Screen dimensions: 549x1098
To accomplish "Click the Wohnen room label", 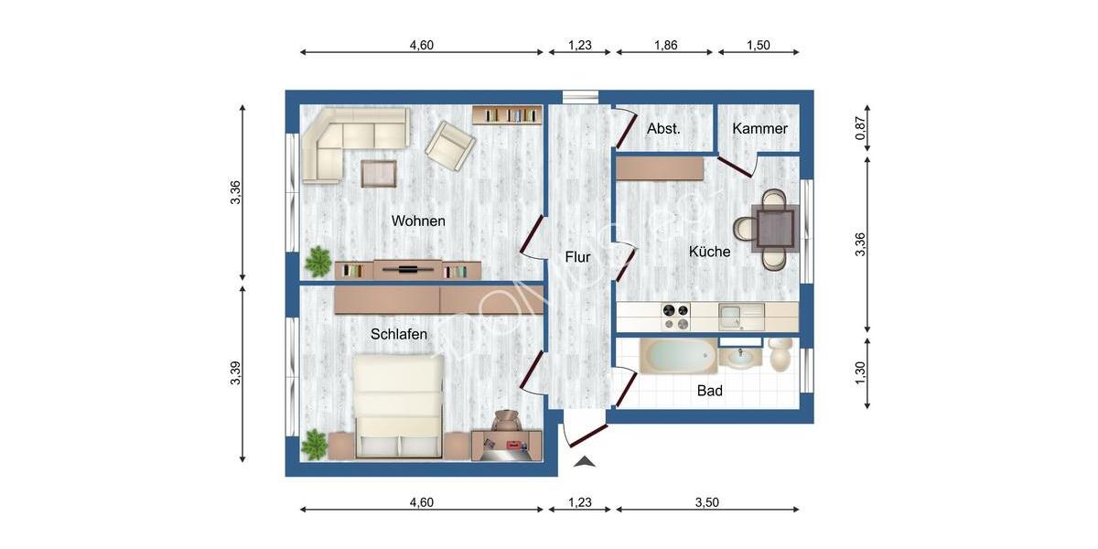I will point(418,221).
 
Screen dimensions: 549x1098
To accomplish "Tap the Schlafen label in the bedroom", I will point(399,335).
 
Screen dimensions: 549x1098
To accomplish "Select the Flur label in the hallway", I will point(577,258).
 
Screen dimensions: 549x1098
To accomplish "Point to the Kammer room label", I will point(759,129).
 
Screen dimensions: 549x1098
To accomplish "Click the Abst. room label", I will point(663,129).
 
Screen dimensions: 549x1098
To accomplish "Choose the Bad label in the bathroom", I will point(710,391).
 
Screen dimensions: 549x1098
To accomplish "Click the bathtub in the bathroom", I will point(678,355).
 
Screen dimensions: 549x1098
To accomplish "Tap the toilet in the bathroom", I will point(781,355).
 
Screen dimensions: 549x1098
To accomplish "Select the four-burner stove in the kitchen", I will point(676,317).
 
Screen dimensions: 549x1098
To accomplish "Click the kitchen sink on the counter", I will point(740,317).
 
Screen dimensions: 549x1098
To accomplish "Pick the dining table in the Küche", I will point(774,229).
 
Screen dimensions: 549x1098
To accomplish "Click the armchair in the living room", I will point(451,145).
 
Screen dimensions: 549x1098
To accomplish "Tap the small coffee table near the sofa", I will point(379,173).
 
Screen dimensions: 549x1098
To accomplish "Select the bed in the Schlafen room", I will point(398,405).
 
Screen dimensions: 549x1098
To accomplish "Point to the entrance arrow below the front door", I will point(585,461).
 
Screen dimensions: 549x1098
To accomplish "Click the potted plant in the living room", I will point(318,262).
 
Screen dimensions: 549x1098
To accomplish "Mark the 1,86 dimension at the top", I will point(665,45).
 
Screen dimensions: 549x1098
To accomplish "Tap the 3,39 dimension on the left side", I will point(235,374).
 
